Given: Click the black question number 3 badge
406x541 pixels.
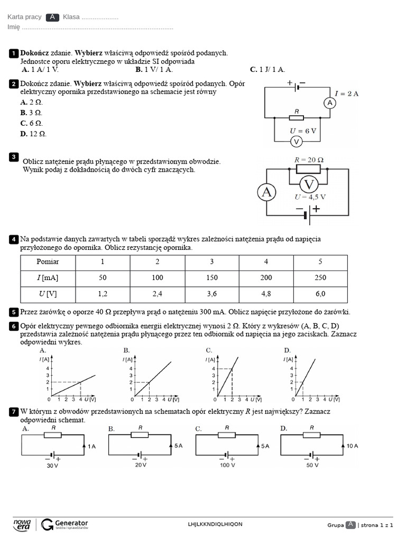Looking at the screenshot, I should [x=14, y=157].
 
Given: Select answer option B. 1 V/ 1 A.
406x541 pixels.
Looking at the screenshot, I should [x=154, y=69].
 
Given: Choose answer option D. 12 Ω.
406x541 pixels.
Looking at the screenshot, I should [x=33, y=134].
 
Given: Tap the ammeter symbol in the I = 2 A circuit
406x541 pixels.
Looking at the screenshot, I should [x=330, y=103].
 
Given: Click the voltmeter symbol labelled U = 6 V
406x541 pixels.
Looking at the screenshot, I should [x=297, y=142].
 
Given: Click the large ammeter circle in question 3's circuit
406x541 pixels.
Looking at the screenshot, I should [x=267, y=192].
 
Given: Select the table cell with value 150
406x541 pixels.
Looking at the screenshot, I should [x=211, y=278].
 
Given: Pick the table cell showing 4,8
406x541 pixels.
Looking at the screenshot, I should [x=266, y=294].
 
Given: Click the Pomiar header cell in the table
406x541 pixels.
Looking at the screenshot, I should [x=48, y=262].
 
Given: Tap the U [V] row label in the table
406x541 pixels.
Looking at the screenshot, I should [x=48, y=294].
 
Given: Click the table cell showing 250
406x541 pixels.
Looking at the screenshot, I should [x=320, y=278].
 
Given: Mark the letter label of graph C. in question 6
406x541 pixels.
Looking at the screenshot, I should [x=209, y=350].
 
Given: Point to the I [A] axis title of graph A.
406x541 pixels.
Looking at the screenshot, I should [x=44, y=360].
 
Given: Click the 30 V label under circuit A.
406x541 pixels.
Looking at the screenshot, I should [x=52, y=466].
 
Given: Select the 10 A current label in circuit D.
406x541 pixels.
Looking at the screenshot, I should [x=353, y=446].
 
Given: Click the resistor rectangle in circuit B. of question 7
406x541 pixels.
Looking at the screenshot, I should [x=140, y=434].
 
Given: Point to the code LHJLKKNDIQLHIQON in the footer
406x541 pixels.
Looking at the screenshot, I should [x=215, y=524].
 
